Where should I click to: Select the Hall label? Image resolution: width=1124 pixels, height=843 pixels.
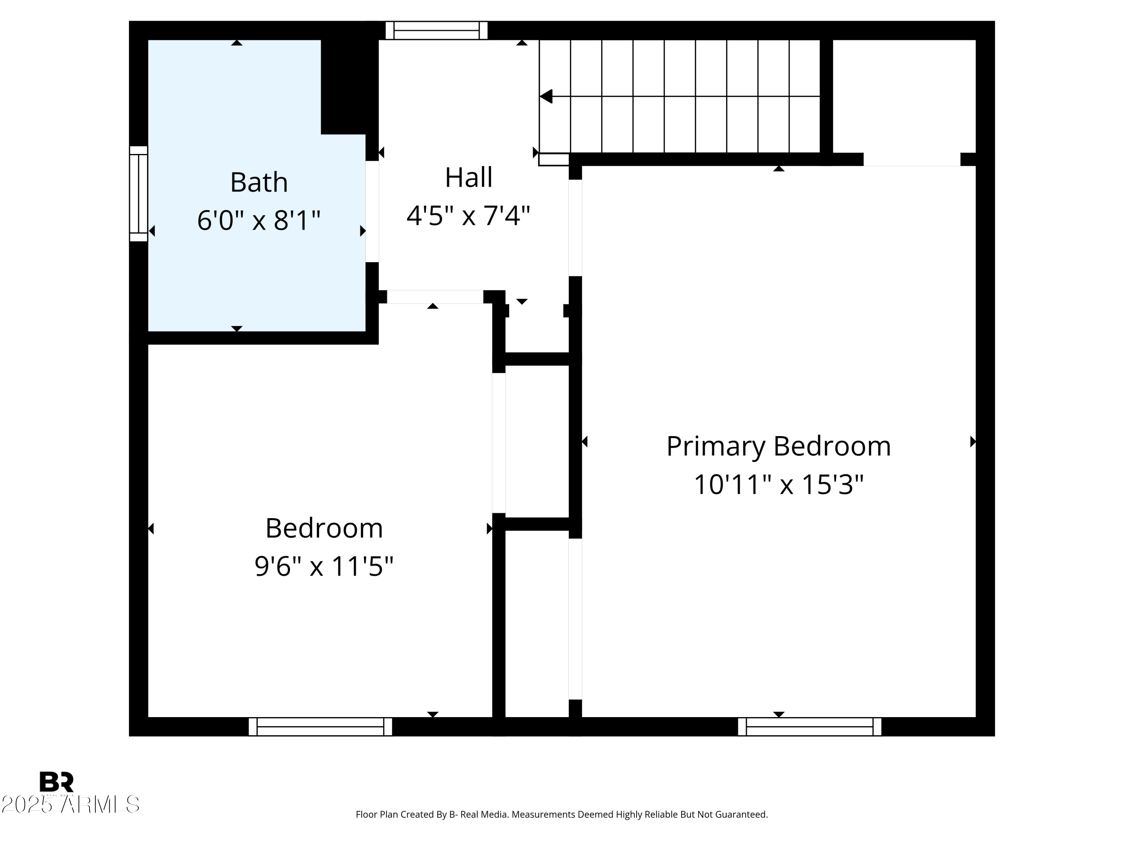tap(468, 177)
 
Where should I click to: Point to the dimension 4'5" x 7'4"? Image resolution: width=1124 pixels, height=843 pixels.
tap(468, 215)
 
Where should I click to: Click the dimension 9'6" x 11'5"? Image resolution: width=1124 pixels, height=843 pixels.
tap(324, 566)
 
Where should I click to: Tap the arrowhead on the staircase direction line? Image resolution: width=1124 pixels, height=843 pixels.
tap(546, 96)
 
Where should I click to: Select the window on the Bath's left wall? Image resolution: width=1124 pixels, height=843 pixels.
tap(138, 194)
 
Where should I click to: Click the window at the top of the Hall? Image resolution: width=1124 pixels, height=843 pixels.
tap(436, 30)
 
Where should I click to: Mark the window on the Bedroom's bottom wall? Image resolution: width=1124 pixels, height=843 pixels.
tap(320, 726)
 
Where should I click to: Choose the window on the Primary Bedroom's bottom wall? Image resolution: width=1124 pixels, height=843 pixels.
tap(809, 726)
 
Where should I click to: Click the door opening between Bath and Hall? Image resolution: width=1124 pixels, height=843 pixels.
tap(372, 211)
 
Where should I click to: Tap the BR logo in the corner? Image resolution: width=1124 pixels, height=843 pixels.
tap(57, 782)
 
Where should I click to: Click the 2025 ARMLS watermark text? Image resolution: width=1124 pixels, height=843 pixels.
tap(70, 804)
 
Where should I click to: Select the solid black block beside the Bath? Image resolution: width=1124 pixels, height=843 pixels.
tap(350, 87)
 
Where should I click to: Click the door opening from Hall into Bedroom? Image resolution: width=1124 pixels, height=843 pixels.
tap(435, 297)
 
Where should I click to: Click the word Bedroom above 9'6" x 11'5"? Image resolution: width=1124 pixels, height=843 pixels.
tap(324, 528)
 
